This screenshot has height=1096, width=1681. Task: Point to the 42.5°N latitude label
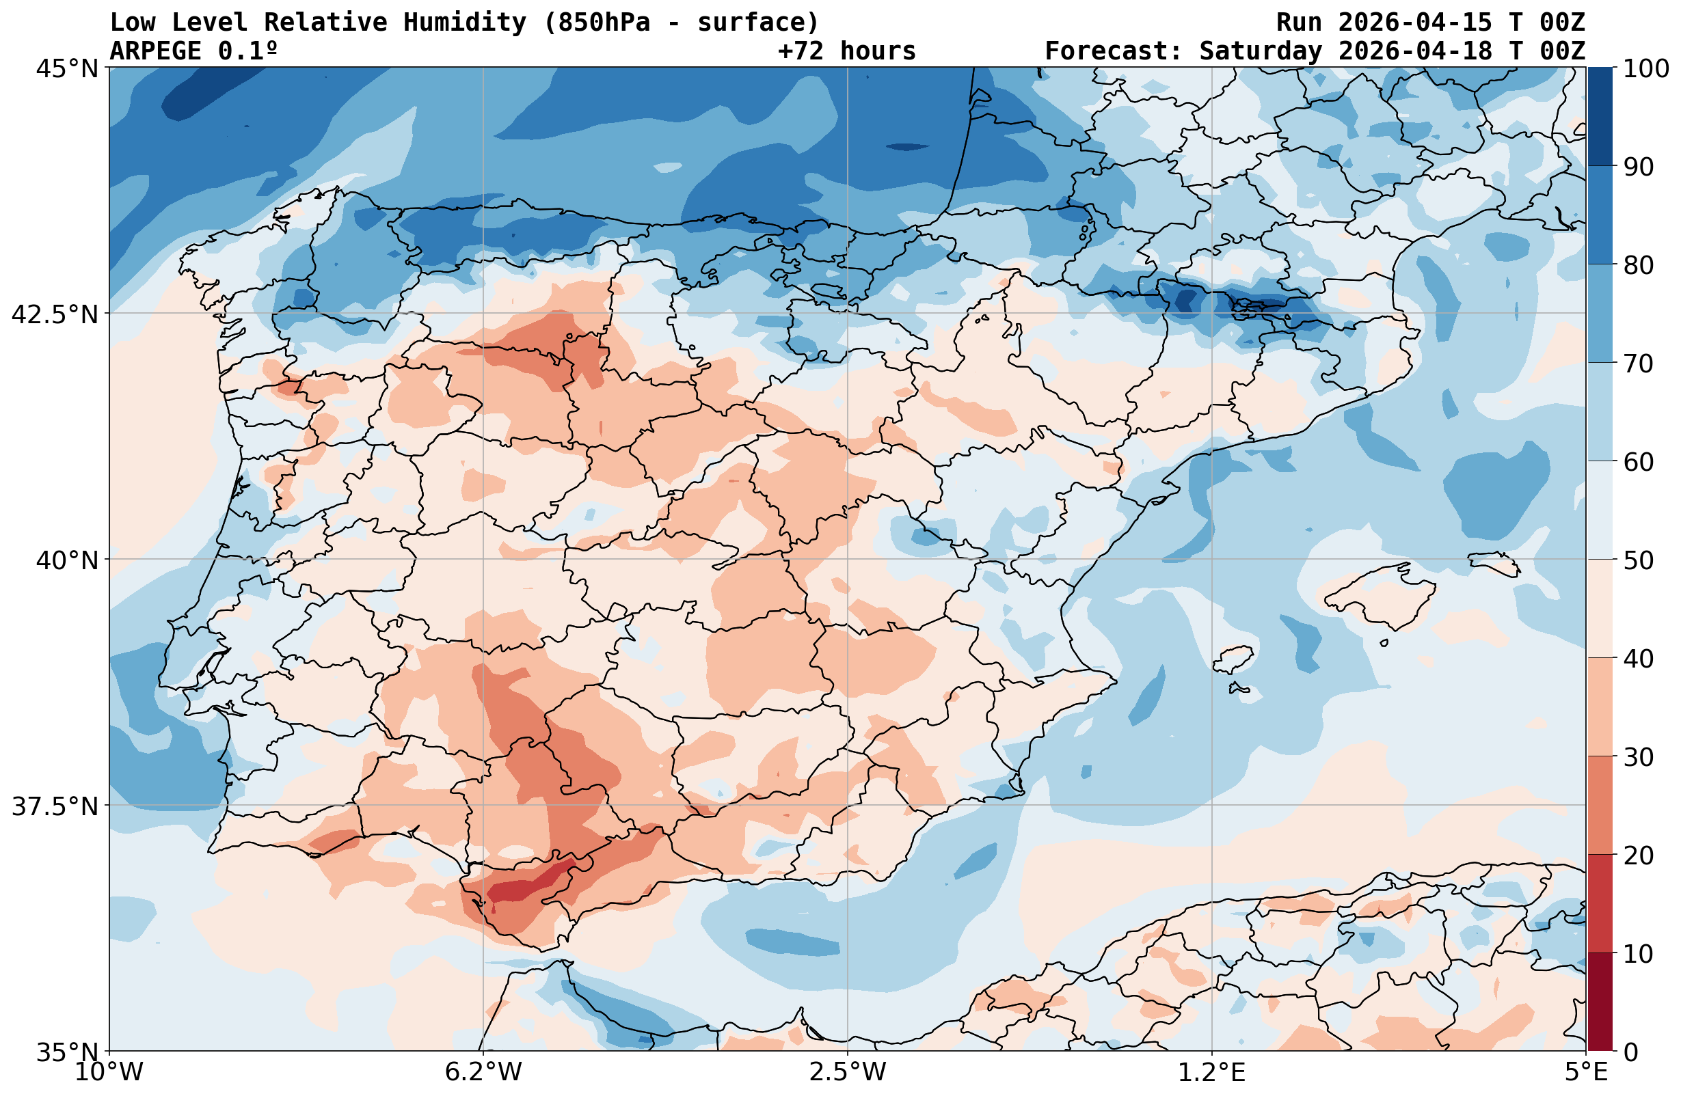click(55, 314)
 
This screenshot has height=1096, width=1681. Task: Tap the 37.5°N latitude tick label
click(55, 806)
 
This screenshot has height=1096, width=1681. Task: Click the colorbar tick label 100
click(1645, 68)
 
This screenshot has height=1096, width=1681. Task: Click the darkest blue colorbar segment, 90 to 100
click(1600, 117)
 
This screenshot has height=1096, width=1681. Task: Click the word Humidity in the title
click(465, 23)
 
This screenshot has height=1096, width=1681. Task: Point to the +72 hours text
click(846, 51)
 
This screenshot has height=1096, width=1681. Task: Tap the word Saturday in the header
click(1261, 51)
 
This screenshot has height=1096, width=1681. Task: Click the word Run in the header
click(1299, 23)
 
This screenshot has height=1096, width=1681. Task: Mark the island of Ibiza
click(1233, 659)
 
